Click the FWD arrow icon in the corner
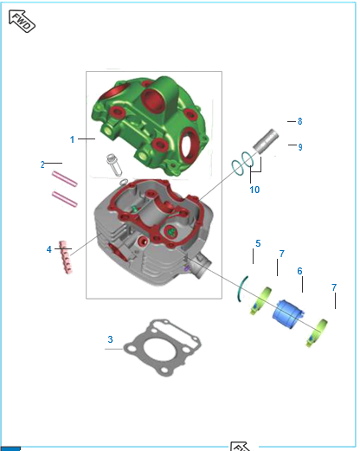click(22, 21)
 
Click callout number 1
click(72, 139)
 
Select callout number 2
click(42, 164)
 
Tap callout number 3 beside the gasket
click(110, 339)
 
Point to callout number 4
click(49, 249)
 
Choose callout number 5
click(258, 243)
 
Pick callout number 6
click(299, 271)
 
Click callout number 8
click(300, 121)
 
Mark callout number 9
click(300, 147)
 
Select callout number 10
click(254, 190)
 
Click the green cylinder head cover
click(150, 126)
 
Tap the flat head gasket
click(162, 347)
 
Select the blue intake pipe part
click(287, 314)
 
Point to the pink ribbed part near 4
click(66, 257)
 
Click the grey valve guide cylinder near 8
click(266, 141)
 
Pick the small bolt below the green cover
click(114, 164)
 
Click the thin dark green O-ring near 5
click(241, 289)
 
